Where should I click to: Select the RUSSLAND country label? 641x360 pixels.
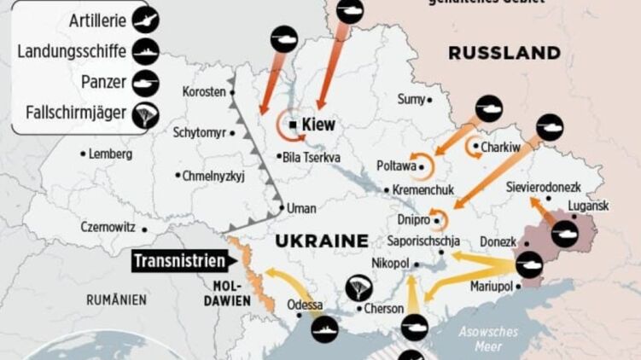[x=504, y=53]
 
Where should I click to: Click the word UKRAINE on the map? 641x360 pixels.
[x=321, y=241]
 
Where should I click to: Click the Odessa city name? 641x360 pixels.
[x=305, y=305]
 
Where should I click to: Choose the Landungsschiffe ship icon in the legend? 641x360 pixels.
[x=146, y=51]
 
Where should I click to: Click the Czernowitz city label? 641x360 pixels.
[x=109, y=228]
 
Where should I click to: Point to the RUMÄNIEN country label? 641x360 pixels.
[x=116, y=300]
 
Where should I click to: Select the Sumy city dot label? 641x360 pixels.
[x=411, y=100]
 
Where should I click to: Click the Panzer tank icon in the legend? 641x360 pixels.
[x=146, y=82]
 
